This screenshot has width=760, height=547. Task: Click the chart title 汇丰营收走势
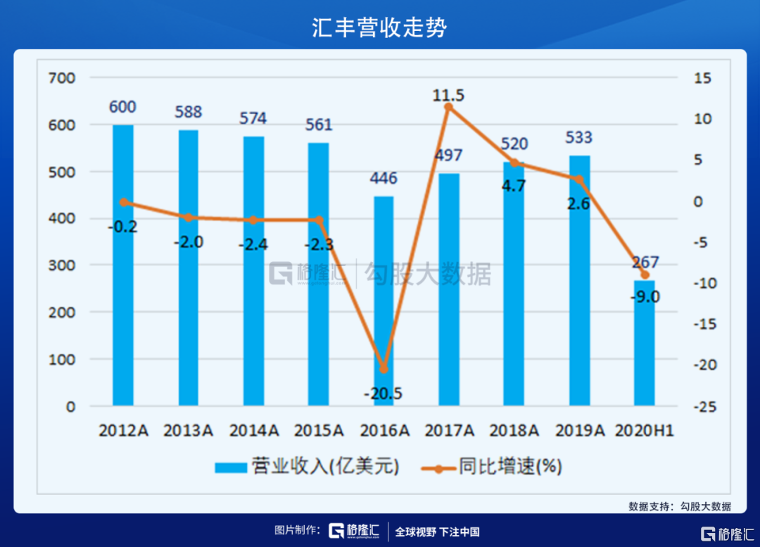coord(380,27)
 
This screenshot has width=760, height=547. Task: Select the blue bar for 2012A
coord(122,268)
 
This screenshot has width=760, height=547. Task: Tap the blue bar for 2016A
coord(384,303)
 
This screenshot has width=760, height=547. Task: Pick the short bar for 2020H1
coord(644,345)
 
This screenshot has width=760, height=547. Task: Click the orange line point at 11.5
coord(448,107)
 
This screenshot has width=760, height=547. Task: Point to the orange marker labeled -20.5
coord(384,369)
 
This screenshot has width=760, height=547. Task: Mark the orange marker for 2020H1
coord(644,275)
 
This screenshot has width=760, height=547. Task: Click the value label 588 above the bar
coord(188,112)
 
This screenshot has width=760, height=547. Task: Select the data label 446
coord(384,178)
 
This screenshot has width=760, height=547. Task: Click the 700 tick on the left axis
coord(63,77)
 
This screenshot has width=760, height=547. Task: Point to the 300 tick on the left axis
coord(63,265)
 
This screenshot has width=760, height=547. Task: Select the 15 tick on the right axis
coord(704,77)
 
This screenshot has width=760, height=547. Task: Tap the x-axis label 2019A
coord(579,430)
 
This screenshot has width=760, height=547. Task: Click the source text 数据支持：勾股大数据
coord(680,506)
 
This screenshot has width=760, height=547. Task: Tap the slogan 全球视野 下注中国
coord(437,532)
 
